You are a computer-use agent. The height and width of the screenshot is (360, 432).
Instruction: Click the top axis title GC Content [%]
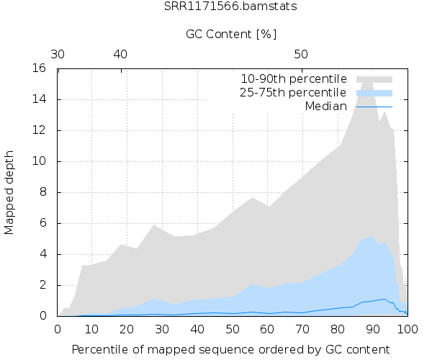click(231, 34)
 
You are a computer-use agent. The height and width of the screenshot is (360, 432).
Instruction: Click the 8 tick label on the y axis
click(44, 192)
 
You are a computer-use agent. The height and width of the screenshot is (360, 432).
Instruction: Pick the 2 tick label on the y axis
click(44, 285)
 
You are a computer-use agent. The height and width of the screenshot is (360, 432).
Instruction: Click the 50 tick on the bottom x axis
click(233, 328)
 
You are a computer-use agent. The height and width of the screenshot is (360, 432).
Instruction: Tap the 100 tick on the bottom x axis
click(408, 328)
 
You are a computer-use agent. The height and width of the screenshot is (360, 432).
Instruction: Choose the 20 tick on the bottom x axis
click(127, 328)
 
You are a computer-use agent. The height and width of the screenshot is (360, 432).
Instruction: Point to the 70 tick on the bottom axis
click(302, 328)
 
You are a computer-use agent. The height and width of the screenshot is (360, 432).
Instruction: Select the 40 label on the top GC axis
click(120, 54)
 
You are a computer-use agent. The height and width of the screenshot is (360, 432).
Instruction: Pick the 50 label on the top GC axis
click(302, 54)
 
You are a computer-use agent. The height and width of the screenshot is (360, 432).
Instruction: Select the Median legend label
click(326, 107)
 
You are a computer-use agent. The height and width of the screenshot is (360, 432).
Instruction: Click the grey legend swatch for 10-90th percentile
click(374, 78)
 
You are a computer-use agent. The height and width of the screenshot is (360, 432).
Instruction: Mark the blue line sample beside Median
click(374, 107)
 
